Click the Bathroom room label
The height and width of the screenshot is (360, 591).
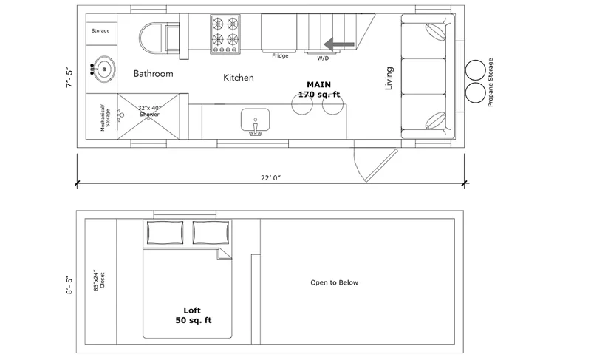point(154,73)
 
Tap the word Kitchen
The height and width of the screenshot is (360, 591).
point(238,78)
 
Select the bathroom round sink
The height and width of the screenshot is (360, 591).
point(103,69)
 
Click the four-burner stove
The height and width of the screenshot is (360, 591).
point(225,34)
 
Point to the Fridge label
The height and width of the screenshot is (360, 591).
point(280,55)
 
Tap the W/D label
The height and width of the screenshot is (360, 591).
point(323,58)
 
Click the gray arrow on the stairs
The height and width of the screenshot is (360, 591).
point(339,44)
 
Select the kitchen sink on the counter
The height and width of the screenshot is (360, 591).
point(255,121)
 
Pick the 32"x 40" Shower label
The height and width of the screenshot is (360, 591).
point(149,111)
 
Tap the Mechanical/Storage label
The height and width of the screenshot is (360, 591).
point(105,118)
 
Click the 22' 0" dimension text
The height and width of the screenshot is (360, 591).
point(271,178)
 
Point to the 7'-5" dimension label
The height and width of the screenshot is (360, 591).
point(69,78)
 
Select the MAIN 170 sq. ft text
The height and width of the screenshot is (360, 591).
point(319,89)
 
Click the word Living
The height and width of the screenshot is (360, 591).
point(389,78)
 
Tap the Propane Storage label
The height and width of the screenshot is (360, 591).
point(491,82)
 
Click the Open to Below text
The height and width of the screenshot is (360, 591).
point(335,282)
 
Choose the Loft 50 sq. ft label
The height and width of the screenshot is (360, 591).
point(193,316)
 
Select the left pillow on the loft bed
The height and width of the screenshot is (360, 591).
point(165,233)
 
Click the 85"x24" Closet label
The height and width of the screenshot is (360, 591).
point(99,280)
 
